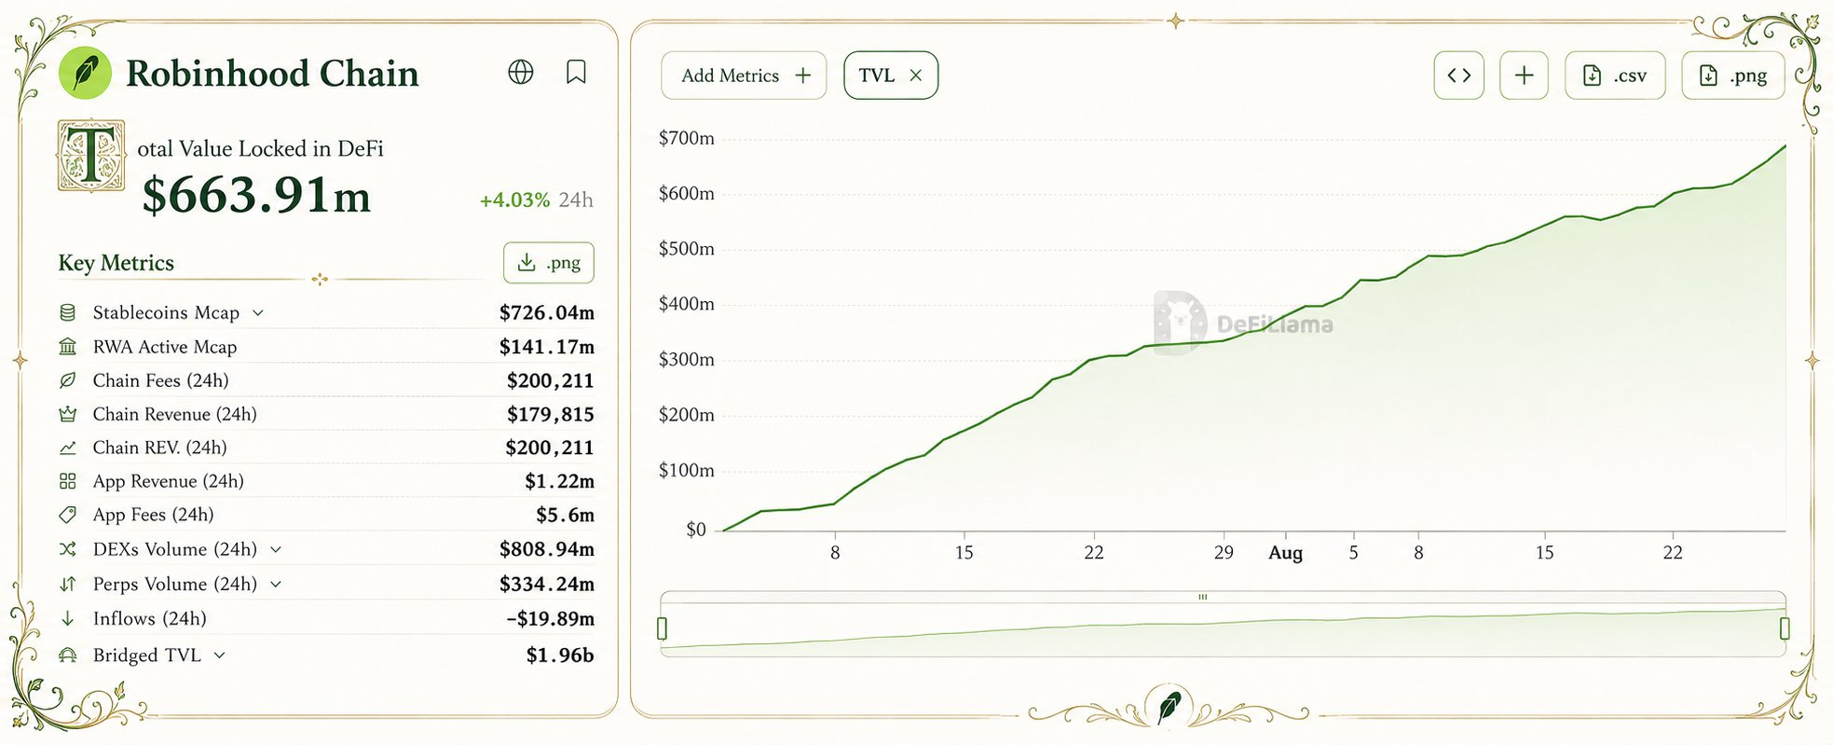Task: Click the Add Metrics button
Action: tap(744, 76)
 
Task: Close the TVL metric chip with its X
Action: tap(916, 76)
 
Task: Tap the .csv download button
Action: tap(1615, 76)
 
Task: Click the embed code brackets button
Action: tap(1459, 76)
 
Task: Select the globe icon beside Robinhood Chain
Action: tap(521, 72)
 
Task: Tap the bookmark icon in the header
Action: tap(576, 72)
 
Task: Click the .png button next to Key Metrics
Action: tap(549, 263)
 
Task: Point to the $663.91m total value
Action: tap(256, 196)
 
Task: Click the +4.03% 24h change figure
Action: tap(514, 200)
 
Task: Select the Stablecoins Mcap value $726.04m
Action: tap(547, 312)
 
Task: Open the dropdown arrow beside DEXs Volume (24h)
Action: tap(276, 549)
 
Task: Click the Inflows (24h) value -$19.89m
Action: tap(550, 618)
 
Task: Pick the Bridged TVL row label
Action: tap(147, 655)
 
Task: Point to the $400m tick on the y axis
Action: tap(687, 304)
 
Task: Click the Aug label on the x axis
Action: tap(1285, 553)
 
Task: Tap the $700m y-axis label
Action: tap(687, 138)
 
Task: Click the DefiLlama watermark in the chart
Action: tap(1244, 324)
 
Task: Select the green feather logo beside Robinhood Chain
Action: tap(85, 73)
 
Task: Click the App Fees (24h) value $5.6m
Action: tap(565, 515)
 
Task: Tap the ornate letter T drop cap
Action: tap(91, 156)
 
